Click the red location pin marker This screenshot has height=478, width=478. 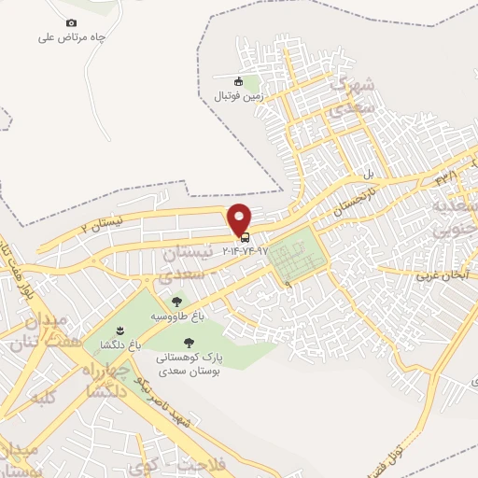point(241,218)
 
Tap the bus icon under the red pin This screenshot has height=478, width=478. point(245,237)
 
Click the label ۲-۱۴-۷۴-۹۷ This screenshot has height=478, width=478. point(245,250)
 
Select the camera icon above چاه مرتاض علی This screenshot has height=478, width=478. point(72,22)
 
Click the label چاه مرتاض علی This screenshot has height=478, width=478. point(72,37)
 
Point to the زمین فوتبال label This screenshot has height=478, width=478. point(241,95)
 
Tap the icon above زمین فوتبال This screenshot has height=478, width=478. point(240,80)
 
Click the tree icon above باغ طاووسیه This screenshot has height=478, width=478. point(176,302)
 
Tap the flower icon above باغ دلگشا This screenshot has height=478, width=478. point(119,330)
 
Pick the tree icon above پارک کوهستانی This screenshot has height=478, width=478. point(190,343)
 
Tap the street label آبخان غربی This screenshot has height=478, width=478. point(441,276)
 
